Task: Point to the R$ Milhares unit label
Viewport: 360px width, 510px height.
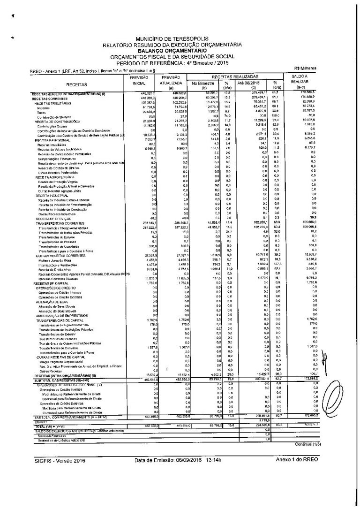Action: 306,69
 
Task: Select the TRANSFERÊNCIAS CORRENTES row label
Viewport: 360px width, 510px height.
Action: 59,223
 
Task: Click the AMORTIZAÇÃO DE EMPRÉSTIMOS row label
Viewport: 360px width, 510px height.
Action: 61,315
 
